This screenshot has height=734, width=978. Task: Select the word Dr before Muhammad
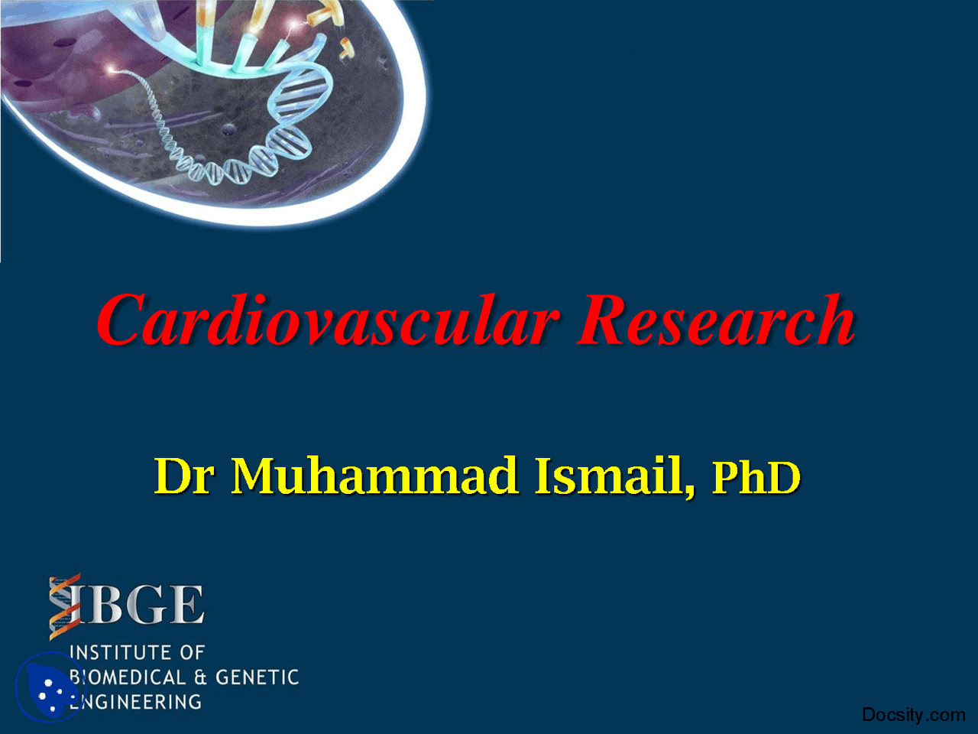coord(184,476)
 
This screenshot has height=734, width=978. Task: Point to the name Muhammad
coord(374,476)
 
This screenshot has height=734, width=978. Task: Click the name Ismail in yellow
coord(609,476)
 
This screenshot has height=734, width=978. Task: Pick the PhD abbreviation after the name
coord(756,477)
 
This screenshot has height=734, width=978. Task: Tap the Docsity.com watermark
coord(913,715)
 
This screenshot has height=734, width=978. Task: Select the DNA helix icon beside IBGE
coord(64,606)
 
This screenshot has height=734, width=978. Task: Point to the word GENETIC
coord(257,677)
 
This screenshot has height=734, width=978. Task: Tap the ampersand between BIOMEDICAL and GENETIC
coord(201,677)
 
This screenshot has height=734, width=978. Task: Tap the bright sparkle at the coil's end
coord(113,70)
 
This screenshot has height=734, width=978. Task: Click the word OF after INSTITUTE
coord(192,652)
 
